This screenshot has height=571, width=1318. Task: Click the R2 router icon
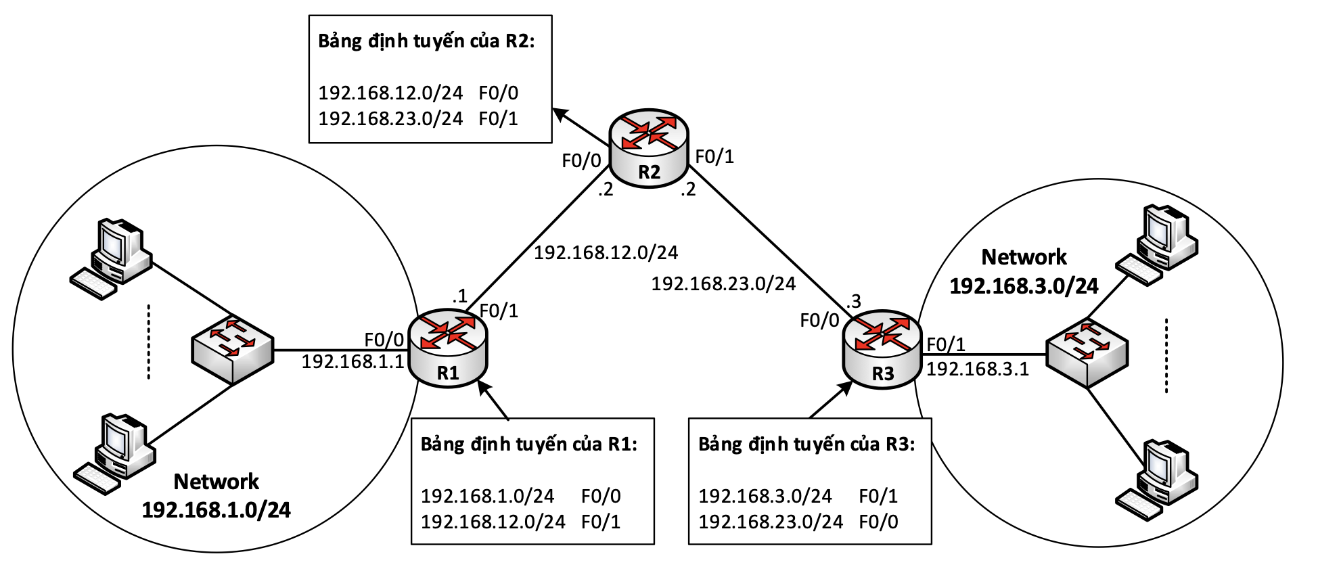(x=648, y=148)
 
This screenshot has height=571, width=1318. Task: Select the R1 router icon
(x=448, y=348)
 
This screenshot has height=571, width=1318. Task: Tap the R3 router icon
(x=882, y=349)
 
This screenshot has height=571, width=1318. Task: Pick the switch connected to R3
(x=1087, y=353)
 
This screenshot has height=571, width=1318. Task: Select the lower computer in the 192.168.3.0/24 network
(x=1156, y=480)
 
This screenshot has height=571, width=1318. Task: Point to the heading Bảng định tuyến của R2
(x=426, y=41)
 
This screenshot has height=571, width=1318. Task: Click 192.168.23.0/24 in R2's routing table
(x=390, y=118)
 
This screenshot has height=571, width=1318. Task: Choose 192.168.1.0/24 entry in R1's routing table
(x=487, y=496)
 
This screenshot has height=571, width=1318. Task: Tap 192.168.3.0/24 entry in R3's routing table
(x=765, y=496)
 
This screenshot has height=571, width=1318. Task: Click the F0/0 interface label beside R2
(x=581, y=160)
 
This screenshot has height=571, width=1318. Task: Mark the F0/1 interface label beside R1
(x=499, y=311)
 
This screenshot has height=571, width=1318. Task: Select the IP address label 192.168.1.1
(x=353, y=361)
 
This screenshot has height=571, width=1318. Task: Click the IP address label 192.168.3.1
(x=977, y=369)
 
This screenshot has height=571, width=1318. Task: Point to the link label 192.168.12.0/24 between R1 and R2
(x=606, y=252)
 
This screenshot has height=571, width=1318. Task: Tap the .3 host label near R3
(x=854, y=301)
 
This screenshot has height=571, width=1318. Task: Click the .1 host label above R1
(x=460, y=296)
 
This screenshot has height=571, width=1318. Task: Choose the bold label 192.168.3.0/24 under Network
(x=1024, y=286)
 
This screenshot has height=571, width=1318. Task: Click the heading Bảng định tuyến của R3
(x=806, y=444)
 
